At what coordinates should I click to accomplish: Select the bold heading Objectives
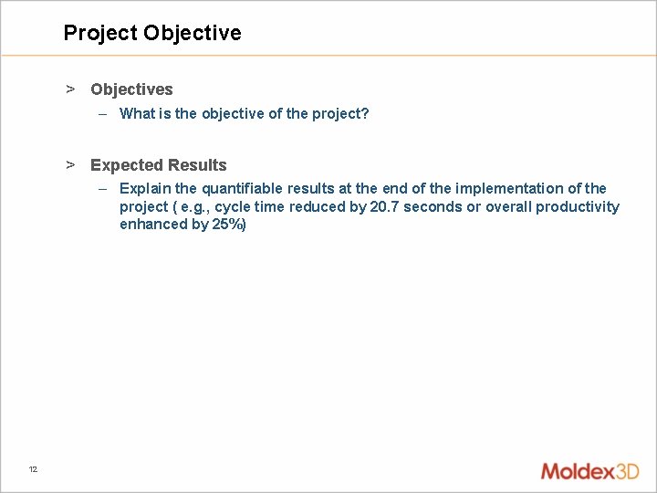tap(131, 89)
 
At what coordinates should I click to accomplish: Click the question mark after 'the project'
tap(365, 114)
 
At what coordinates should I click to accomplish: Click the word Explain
tap(145, 189)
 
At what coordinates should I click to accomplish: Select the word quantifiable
tap(242, 189)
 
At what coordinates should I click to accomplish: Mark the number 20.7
tap(385, 207)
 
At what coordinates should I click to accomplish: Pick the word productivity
tap(578, 207)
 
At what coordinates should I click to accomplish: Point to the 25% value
tap(229, 225)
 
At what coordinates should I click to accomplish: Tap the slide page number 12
tap(33, 469)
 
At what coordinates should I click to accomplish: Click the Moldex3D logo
tap(589, 471)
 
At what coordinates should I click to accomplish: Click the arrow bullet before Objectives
tap(69, 89)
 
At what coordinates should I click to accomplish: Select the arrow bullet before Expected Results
tap(69, 165)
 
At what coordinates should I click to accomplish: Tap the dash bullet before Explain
tap(103, 189)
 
